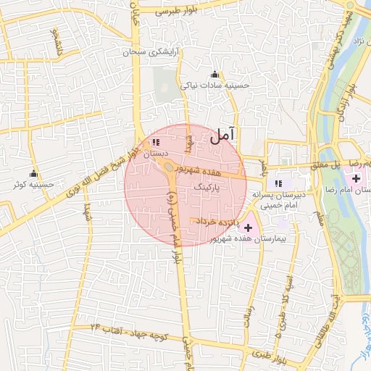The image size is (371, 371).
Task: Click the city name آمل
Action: tap(222, 136)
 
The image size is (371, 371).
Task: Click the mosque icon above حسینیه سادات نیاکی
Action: tap(214, 74)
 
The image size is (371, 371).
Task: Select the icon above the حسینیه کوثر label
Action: tap(33, 173)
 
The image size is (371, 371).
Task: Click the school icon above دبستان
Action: tap(156, 143)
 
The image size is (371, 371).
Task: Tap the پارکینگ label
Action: tap(208, 187)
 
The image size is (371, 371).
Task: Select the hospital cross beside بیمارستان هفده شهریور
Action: tap(249, 228)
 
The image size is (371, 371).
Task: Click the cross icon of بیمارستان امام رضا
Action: tap(356, 178)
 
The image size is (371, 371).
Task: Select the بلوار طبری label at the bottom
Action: tap(272, 355)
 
